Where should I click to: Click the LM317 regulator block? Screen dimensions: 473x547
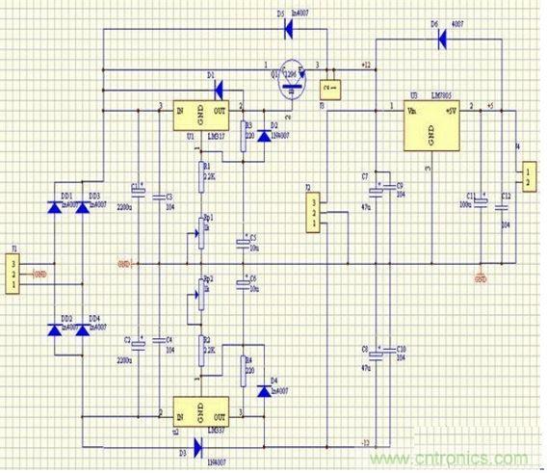click(200, 118)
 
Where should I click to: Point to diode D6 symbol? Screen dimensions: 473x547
click(444, 39)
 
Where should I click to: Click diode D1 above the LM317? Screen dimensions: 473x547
click(219, 89)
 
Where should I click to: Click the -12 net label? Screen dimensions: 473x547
click(366, 441)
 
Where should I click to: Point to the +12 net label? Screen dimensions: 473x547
click(365, 64)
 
